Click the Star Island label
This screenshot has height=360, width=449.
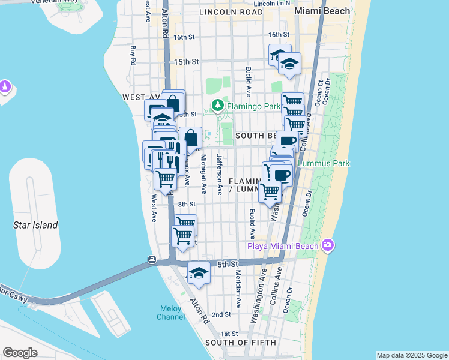[35, 226]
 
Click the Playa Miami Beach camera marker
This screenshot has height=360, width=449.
[327, 245]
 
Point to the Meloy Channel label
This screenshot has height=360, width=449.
[171, 313]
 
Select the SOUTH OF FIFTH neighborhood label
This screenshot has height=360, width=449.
[241, 343]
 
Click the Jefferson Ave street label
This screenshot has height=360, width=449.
[220, 175]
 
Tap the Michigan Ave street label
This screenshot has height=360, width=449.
[204, 174]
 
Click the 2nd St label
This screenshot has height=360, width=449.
[221, 314]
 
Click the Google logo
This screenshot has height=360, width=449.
[20, 353]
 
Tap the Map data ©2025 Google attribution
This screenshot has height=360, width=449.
[411, 355]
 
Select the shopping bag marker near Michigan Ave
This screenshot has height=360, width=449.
[190, 138]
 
